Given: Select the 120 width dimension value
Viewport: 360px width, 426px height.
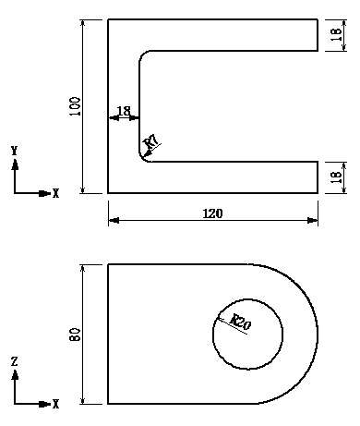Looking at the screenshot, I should [x=212, y=213].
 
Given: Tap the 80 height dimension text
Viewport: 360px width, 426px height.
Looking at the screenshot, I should [x=76, y=334].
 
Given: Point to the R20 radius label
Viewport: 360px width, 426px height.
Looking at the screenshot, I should [x=240, y=323].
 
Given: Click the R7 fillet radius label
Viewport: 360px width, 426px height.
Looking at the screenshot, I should [x=152, y=141].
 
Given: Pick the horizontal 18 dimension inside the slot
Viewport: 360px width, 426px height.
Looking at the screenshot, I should [x=124, y=111].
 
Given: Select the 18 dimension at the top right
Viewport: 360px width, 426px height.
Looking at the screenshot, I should [x=336, y=35].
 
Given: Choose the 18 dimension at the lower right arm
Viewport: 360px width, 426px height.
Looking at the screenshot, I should [x=336, y=176].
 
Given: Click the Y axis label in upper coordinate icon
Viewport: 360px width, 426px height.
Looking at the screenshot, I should [x=15, y=150].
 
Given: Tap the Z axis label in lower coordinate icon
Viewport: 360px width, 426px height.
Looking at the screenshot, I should [x=15, y=362].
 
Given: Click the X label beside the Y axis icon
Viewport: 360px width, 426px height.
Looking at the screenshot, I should [x=56, y=194].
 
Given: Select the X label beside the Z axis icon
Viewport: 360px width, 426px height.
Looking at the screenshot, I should [x=56, y=405].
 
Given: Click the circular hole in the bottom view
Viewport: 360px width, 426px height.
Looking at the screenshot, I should [x=248, y=334].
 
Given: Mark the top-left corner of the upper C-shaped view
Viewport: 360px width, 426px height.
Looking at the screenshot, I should [x=108, y=19].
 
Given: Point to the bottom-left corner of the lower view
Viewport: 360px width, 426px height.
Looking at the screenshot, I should [x=108, y=404].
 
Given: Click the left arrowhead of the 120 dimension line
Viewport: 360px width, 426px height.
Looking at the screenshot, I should [x=113, y=221].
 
